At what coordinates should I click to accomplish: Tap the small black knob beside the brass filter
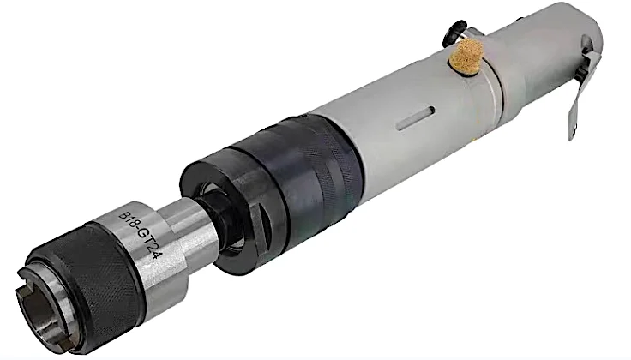[x=454, y=33]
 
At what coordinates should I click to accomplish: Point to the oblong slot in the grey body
[x=415, y=117]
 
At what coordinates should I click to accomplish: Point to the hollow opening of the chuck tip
[x=39, y=309]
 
